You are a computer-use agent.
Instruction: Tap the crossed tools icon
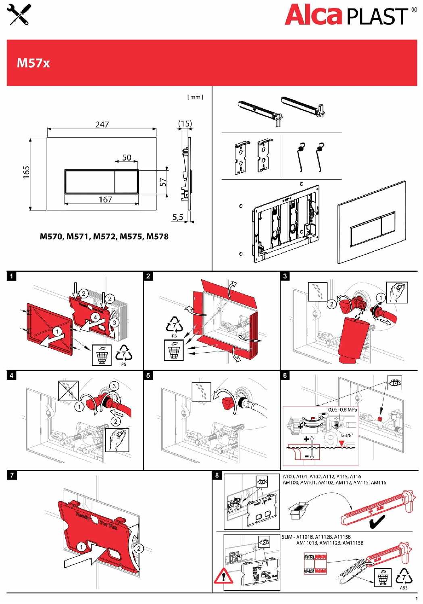click(20, 15)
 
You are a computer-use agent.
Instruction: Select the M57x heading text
click(33, 63)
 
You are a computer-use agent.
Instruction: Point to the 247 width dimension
click(102, 124)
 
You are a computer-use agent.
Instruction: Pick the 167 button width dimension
click(106, 199)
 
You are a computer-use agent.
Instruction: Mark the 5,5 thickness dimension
click(178, 217)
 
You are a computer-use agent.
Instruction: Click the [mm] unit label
click(195, 97)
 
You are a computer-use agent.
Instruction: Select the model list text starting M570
click(104, 236)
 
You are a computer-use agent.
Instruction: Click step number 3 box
click(285, 276)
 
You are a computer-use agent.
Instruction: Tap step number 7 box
click(12, 475)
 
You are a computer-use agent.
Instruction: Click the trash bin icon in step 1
click(102, 355)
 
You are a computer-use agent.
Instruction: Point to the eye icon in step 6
click(395, 383)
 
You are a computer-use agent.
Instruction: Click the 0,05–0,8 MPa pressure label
click(342, 410)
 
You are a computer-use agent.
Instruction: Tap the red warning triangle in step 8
click(221, 577)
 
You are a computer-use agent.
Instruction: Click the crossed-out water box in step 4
click(68, 390)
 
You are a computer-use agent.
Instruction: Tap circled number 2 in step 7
click(138, 548)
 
